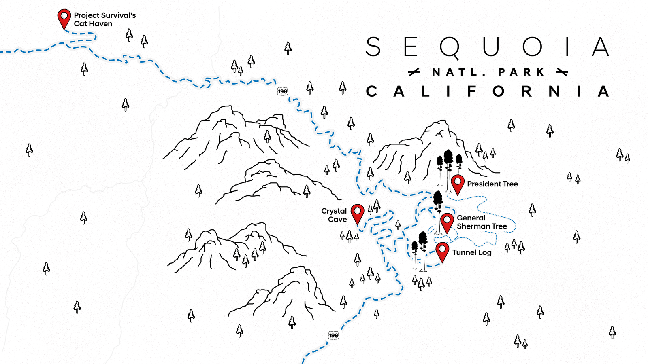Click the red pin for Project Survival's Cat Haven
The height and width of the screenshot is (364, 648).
point(64,17)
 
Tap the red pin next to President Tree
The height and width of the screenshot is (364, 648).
point(458,183)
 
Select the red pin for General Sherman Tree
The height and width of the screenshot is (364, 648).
point(447,221)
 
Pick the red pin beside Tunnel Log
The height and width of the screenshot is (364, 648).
point(442,250)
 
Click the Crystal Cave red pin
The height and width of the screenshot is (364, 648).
point(357,212)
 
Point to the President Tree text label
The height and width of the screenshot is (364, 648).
point(492,184)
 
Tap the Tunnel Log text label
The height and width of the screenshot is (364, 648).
point(472,252)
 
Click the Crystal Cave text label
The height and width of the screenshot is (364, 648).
point(334,215)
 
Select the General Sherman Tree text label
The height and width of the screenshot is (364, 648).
point(482,222)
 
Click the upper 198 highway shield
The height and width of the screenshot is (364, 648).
point(282,91)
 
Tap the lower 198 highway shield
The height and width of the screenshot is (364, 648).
point(333,335)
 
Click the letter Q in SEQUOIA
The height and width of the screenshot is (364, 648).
point(450,48)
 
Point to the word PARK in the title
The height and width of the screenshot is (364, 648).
point(521,72)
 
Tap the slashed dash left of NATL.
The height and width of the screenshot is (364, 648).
point(414,72)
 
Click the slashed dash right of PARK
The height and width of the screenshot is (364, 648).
point(562,72)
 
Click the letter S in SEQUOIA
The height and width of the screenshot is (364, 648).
point(373,47)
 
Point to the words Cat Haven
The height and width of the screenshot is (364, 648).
point(93,24)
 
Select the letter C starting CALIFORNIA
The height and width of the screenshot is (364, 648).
point(371,91)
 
